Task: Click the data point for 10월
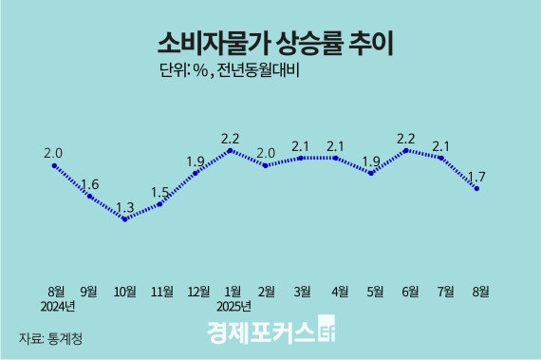pyautogui.click(x=124, y=218)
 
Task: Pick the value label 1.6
pyautogui.click(x=90, y=183)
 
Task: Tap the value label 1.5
pyautogui.click(x=159, y=192)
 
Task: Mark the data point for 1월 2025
pyautogui.click(x=230, y=149)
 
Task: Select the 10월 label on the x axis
pyautogui.click(x=125, y=289)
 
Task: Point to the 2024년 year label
pyautogui.click(x=57, y=306)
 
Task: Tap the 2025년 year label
pyautogui.click(x=232, y=306)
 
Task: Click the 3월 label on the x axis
pyautogui.click(x=301, y=289)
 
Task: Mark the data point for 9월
pyautogui.click(x=90, y=196)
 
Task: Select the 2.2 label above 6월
pyautogui.click(x=407, y=135)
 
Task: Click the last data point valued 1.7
pyautogui.click(x=476, y=188)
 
